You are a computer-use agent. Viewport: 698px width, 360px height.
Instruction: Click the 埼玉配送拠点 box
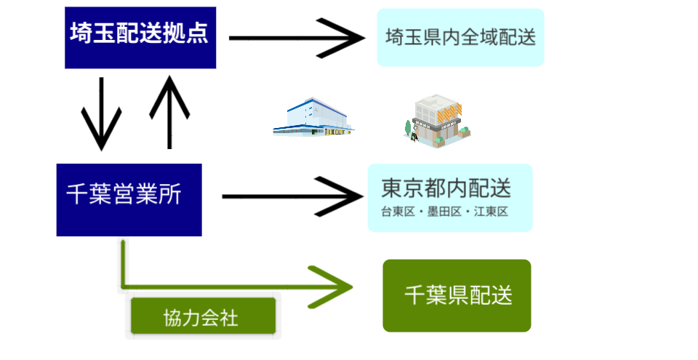(x=140, y=38)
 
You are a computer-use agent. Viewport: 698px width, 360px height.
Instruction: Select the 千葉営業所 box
(x=129, y=199)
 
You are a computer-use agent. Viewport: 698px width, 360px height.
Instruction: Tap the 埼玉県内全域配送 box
(x=460, y=37)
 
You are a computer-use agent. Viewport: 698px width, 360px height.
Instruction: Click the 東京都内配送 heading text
(x=446, y=188)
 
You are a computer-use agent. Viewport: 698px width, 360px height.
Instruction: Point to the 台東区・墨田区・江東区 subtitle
(x=444, y=211)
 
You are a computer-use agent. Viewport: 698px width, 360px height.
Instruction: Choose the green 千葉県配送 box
(x=457, y=295)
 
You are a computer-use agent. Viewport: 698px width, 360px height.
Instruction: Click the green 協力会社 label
(x=203, y=316)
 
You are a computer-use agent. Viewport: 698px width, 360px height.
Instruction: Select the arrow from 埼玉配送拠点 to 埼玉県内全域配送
(x=297, y=39)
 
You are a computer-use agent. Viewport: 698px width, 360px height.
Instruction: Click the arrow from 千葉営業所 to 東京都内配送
(x=292, y=196)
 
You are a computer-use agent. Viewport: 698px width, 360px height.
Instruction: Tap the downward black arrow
(x=102, y=114)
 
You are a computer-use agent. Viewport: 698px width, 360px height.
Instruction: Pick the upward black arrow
(x=169, y=112)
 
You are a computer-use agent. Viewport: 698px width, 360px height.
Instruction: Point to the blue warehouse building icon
(x=313, y=117)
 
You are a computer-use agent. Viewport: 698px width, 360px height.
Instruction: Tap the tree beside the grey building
(x=408, y=129)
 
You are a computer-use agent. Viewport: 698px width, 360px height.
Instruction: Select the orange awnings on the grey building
(x=449, y=113)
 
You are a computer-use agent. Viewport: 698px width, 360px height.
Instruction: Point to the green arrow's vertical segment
(x=122, y=263)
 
